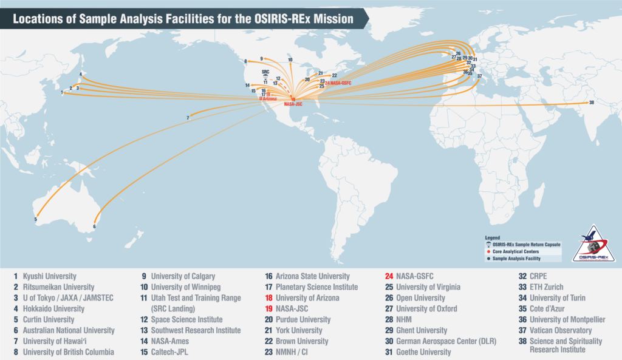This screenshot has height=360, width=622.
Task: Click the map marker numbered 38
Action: pyautogui.click(x=591, y=103)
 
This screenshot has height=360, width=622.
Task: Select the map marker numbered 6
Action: pyautogui.click(x=94, y=226)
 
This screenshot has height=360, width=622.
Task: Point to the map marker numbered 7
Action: pyautogui.click(x=188, y=117)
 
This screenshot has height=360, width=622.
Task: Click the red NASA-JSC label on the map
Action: pyautogui.click(x=293, y=104)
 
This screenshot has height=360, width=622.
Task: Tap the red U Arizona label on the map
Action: pyautogui.click(x=267, y=99)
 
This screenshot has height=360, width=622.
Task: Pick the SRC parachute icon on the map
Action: pyautogui.click(x=265, y=76)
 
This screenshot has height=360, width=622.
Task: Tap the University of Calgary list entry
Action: pyautogui.click(x=182, y=276)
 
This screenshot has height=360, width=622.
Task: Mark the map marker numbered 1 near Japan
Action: pyautogui.click(x=62, y=93)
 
